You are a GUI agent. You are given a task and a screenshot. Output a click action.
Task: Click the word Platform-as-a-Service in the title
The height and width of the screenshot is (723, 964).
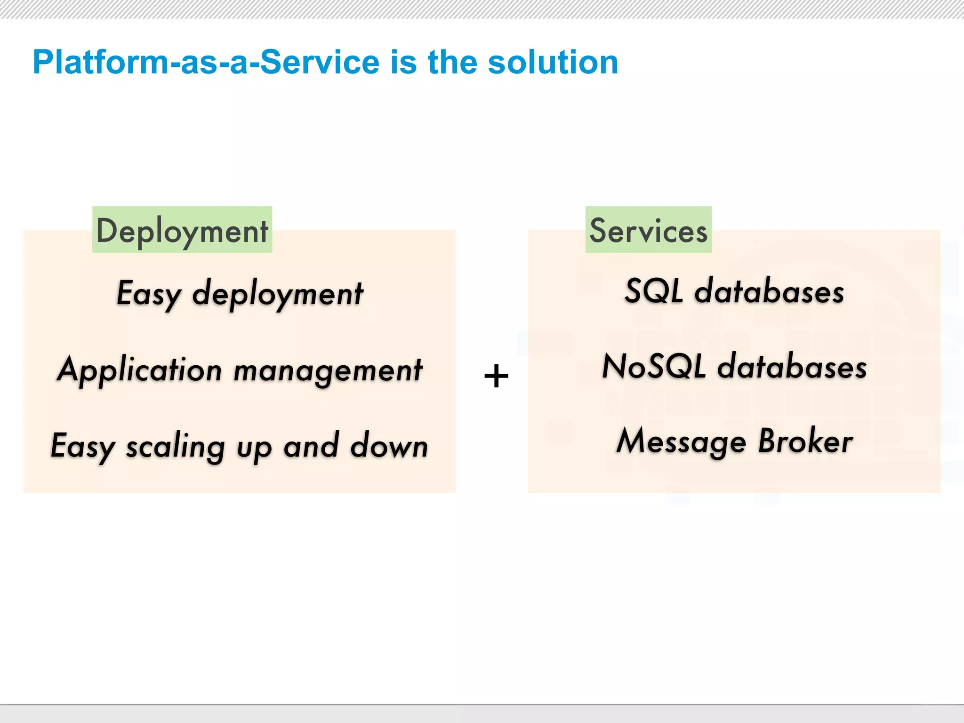(x=206, y=62)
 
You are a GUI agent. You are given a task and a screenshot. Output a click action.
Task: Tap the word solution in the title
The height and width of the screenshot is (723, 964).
(x=553, y=62)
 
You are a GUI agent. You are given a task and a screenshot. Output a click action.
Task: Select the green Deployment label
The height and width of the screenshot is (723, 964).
(x=182, y=231)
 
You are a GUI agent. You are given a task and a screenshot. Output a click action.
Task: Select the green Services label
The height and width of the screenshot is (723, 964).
(x=648, y=231)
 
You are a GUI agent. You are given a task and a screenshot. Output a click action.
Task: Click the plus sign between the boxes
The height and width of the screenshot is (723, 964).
(x=496, y=377)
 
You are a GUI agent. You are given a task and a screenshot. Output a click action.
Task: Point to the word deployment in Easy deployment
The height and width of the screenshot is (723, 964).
(x=278, y=294)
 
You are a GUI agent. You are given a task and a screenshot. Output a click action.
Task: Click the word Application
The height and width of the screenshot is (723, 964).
(x=139, y=370)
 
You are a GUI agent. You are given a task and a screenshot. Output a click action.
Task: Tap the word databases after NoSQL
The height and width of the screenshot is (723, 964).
(x=792, y=367)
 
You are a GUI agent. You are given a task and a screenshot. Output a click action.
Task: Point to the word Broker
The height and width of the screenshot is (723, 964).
(x=805, y=442)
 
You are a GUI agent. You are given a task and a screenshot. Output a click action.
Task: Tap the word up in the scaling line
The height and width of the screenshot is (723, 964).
(x=254, y=448)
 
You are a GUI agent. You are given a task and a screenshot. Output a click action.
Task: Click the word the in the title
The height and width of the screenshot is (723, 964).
(x=452, y=62)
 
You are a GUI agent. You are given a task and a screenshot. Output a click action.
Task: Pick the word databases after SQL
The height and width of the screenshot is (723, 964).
(x=769, y=292)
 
